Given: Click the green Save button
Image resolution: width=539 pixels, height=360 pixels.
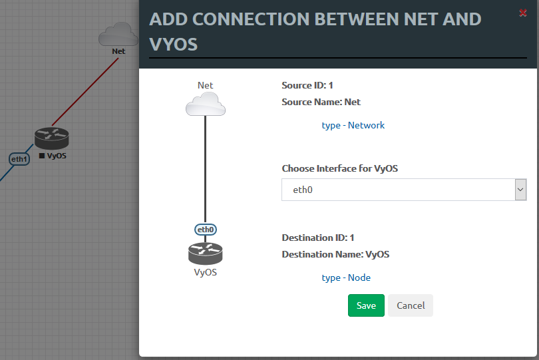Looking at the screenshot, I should pos(366,305).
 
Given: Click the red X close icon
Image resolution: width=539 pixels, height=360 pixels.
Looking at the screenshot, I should pos(522,13).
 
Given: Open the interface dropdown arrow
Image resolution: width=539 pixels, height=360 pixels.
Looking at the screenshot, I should pos(520,190).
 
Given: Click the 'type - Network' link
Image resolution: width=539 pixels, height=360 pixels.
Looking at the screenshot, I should pos(353,125).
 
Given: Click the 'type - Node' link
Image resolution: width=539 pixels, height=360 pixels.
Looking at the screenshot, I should pos(345,277).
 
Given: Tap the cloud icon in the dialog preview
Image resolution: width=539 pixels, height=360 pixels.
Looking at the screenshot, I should pos(206,104).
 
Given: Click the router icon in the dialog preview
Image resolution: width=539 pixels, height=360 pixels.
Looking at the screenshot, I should pos(205,254).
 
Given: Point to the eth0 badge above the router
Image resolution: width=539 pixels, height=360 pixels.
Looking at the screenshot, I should pos(206,230).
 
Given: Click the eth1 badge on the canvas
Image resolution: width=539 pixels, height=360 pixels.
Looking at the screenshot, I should pos(19,159).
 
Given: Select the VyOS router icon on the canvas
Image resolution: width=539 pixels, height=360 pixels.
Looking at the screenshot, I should pos(51,138).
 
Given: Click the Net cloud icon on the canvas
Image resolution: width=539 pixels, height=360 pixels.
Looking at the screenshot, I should pos(118,35).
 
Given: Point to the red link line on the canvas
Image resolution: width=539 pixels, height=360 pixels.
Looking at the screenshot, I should pos(85,91).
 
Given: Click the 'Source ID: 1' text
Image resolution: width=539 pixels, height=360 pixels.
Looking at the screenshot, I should pos(307,85).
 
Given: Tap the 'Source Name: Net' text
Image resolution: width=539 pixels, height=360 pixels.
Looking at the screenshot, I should pos(321,102).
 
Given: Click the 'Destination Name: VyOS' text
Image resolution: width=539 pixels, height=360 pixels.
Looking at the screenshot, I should pos(335,254).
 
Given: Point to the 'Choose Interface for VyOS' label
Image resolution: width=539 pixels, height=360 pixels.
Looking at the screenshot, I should pos(339,168).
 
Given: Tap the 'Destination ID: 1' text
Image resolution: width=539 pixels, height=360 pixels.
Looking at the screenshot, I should pos(318,238).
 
